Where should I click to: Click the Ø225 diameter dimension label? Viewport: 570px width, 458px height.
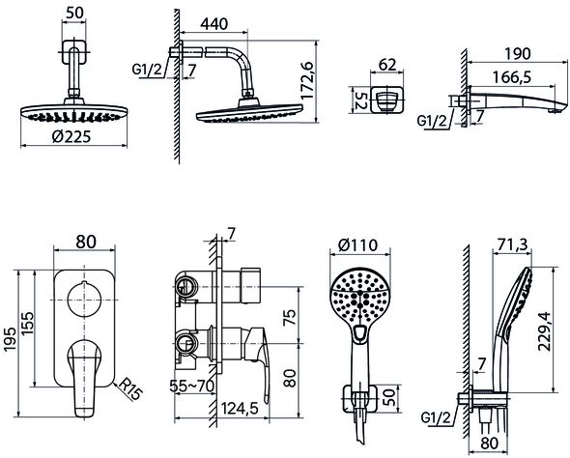coord(71,136)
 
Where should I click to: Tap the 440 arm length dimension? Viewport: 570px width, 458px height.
coord(214,24)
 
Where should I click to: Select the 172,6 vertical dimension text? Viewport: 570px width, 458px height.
coord(307,80)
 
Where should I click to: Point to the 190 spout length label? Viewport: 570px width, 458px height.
coord(518,54)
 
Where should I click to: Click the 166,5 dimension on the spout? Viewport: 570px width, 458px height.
coord(512,77)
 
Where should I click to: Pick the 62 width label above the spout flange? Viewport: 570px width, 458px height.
coord(387,65)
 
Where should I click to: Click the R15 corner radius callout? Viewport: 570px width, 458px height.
coord(130,388)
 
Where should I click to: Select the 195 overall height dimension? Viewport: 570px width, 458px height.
coord(10,339)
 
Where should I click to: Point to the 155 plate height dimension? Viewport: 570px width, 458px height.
coord(28,323)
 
